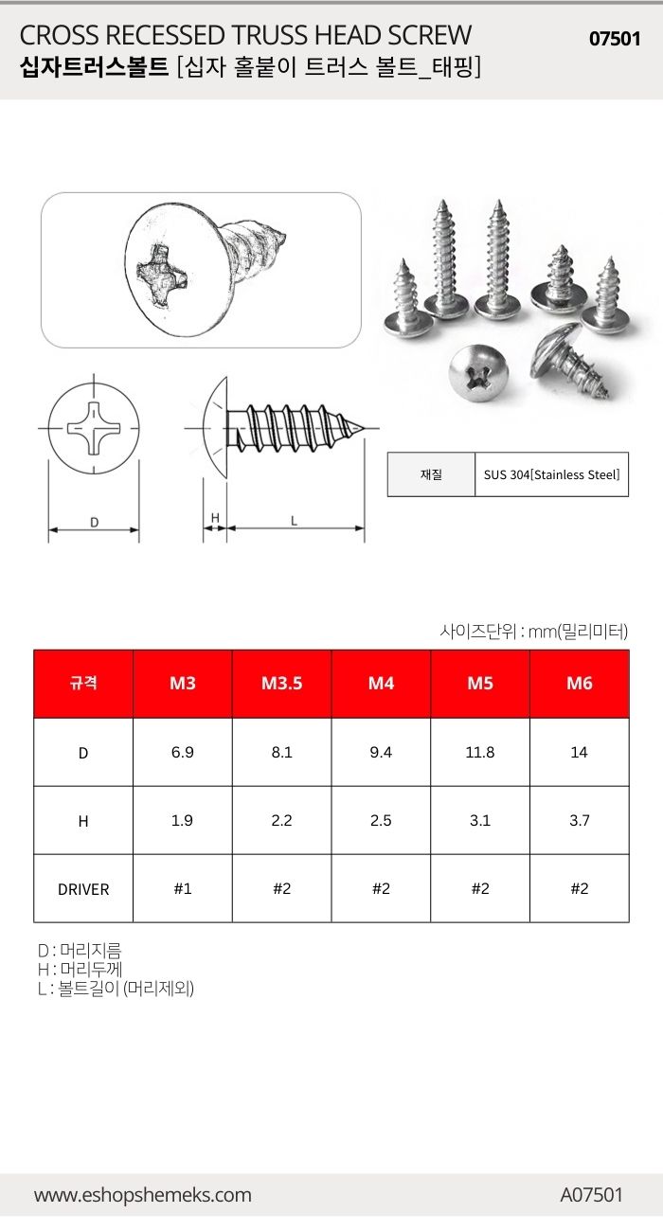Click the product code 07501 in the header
click(x=615, y=39)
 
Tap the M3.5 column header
click(x=281, y=684)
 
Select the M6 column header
click(x=579, y=684)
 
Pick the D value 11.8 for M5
click(x=480, y=753)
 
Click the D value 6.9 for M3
click(x=182, y=753)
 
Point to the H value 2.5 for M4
click(x=381, y=821)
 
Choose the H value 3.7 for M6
click(x=579, y=821)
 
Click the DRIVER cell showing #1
click(x=182, y=888)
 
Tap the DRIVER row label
click(x=83, y=889)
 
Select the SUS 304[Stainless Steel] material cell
click(x=550, y=474)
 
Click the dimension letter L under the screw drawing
click(x=295, y=519)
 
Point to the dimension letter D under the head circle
click(x=94, y=522)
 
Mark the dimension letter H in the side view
click(x=215, y=518)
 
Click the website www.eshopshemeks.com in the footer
click(x=143, y=1195)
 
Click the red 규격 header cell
click(x=83, y=684)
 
